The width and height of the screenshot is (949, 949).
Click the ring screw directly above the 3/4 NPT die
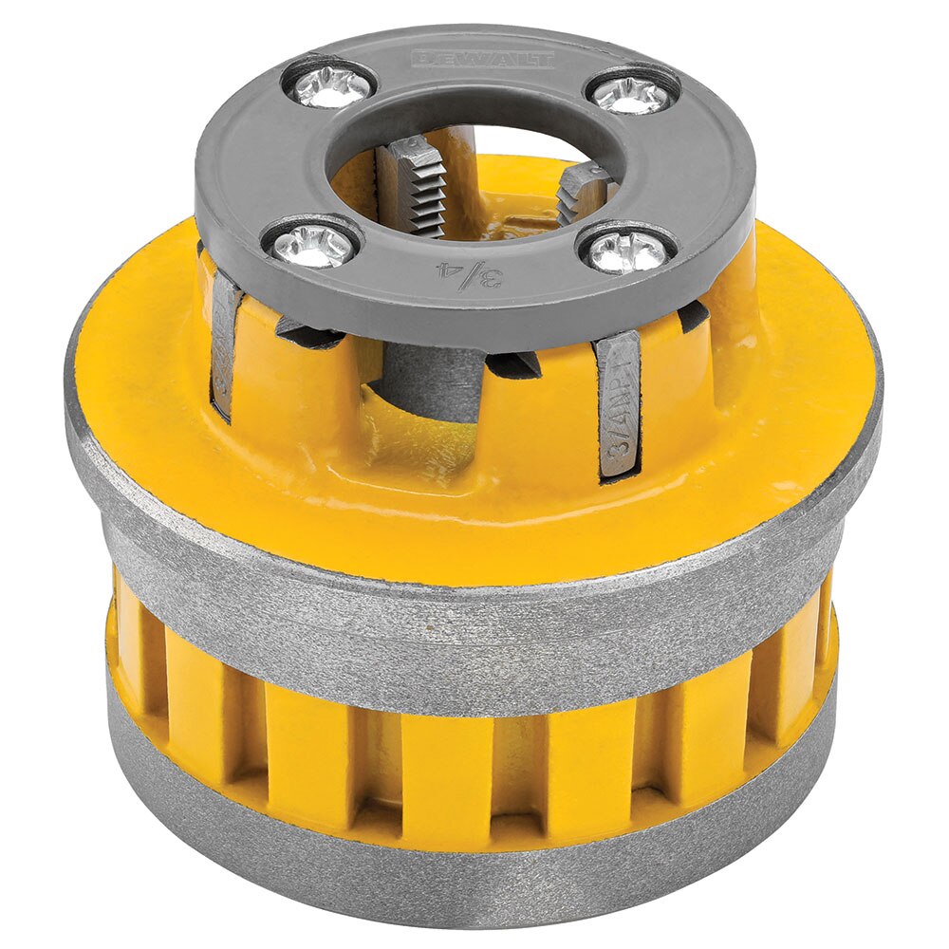(x=626, y=251)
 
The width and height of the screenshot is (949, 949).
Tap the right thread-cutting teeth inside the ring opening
(x=580, y=189)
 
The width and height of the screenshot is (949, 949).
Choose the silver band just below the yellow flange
(x=474, y=617)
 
